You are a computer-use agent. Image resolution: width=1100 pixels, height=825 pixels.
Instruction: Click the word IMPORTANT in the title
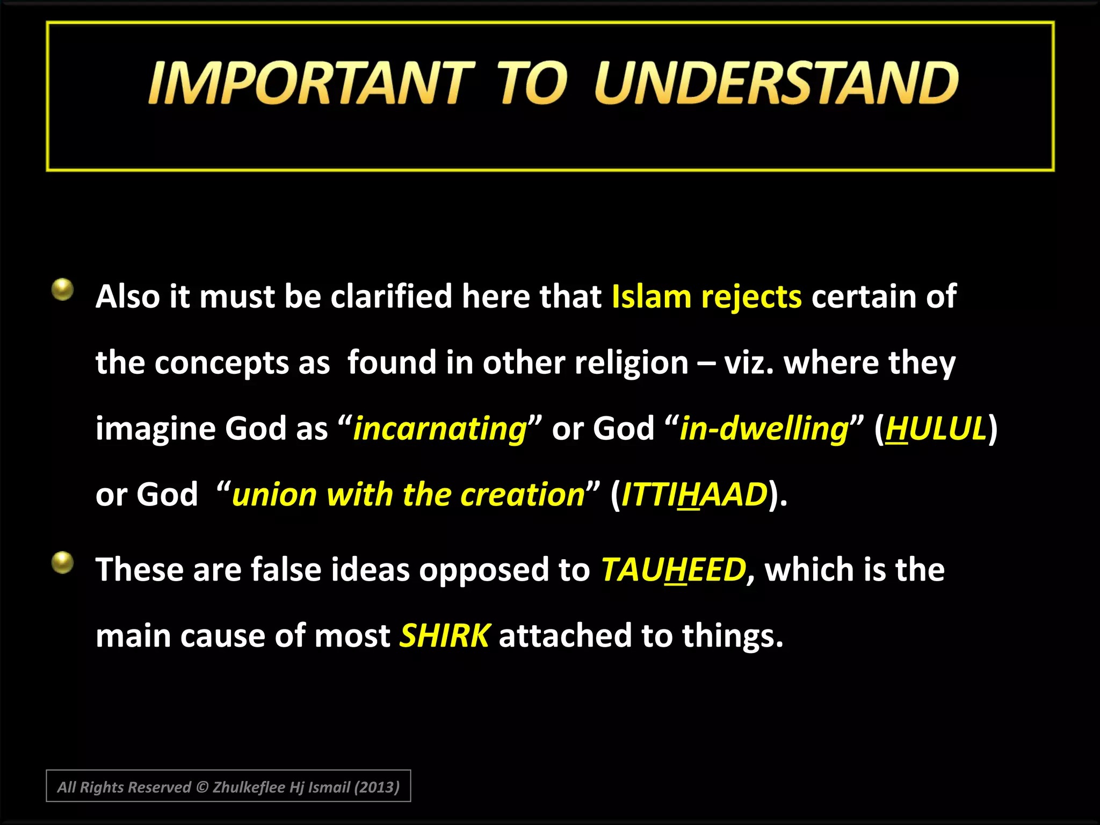pyautogui.click(x=310, y=83)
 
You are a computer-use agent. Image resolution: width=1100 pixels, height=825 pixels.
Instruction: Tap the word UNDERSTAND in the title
pyautogui.click(x=776, y=83)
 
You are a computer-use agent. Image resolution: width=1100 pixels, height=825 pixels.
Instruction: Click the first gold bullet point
pyautogui.click(x=63, y=290)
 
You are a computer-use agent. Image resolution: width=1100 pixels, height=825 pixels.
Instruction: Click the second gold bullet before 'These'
pyautogui.click(x=63, y=563)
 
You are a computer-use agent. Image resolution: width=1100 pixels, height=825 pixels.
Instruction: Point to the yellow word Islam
pyautogui.click(x=651, y=297)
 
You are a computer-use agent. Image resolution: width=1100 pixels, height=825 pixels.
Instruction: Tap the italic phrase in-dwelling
pyautogui.click(x=764, y=429)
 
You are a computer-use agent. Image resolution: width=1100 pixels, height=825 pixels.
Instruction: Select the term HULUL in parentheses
pyautogui.click(x=936, y=429)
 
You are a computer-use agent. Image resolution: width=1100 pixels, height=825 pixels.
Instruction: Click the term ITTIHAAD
pyautogui.click(x=694, y=495)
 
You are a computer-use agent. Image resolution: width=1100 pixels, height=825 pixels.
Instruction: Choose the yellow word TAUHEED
pyautogui.click(x=674, y=570)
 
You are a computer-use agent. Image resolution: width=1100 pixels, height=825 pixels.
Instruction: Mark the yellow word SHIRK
pyautogui.click(x=444, y=636)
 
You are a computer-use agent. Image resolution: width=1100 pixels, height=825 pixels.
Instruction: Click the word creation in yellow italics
pyautogui.click(x=523, y=495)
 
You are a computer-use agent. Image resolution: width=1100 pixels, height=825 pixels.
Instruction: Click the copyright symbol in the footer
pyautogui.click(x=202, y=787)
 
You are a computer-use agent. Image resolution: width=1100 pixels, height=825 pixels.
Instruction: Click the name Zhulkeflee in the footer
pyautogui.click(x=249, y=787)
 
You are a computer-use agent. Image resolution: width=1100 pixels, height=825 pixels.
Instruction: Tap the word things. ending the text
pyautogui.click(x=733, y=636)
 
